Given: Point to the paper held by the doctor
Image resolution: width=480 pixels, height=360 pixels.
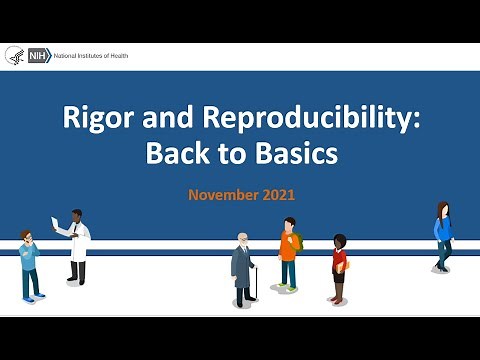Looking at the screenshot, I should (x=57, y=223).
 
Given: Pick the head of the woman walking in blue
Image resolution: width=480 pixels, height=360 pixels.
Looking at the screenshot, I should (x=442, y=209).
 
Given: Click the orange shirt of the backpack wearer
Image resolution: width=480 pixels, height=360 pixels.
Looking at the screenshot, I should (x=288, y=249).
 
